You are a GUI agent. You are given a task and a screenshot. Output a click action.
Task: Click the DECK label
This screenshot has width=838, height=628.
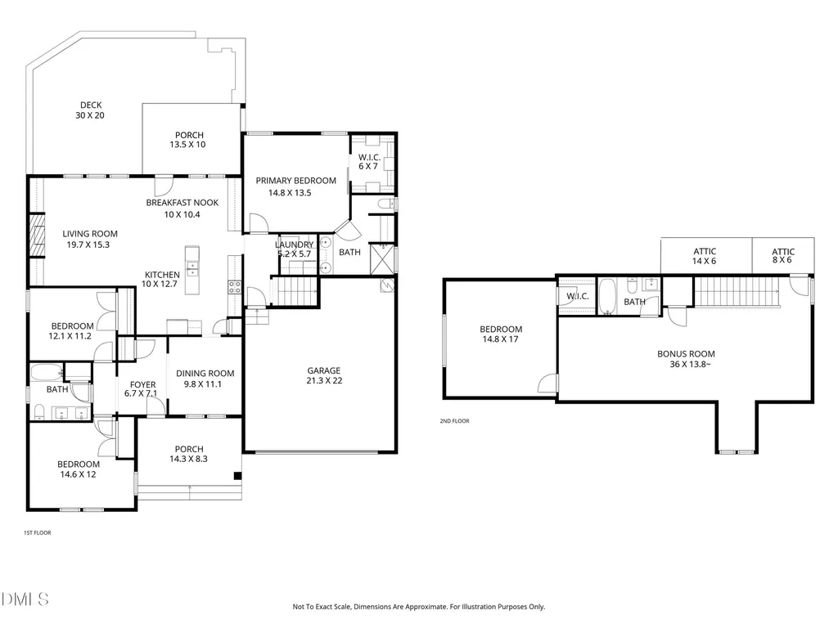coord(91,105)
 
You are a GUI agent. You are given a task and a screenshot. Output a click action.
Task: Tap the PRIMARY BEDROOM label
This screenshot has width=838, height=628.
coord(295,181)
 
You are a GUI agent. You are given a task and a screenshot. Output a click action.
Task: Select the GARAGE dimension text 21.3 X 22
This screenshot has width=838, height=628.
coord(324,381)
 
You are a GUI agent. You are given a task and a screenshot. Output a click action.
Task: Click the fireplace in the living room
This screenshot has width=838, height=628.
coord(36,235)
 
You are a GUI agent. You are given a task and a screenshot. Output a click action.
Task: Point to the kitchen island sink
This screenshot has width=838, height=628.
coord(191,268)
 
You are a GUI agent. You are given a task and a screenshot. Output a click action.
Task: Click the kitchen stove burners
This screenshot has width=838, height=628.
coord(235,287)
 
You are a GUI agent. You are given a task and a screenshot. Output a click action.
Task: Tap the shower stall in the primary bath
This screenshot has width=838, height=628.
coord(382,259)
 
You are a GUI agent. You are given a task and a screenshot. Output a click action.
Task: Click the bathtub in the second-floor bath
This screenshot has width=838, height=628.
coord(607,296)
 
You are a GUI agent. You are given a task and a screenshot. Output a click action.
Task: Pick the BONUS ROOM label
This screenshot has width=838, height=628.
coord(686,354)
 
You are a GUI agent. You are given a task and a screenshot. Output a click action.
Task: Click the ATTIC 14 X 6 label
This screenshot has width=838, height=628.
coord(705,256)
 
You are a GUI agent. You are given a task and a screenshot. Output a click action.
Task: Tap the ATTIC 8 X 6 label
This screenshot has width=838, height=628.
coord(782,256)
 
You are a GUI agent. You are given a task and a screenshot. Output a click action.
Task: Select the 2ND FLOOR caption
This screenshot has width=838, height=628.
coord(454,421)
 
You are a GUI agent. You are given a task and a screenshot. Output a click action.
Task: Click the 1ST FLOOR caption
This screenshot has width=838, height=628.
coord(38,532)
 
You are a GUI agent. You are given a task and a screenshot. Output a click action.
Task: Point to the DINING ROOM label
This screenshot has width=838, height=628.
coord(205,374)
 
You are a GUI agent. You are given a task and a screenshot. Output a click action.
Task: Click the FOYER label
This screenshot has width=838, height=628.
coord(142,384)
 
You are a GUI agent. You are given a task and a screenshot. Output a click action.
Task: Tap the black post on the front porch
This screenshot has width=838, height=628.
coord(238,476)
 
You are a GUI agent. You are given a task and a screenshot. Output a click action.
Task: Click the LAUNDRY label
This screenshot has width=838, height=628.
coord(294,244)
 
